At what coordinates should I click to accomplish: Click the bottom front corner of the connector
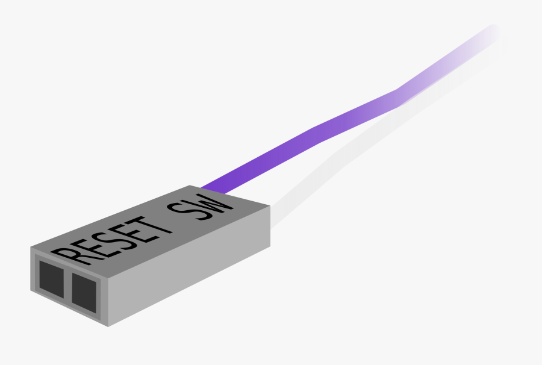[108, 326]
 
